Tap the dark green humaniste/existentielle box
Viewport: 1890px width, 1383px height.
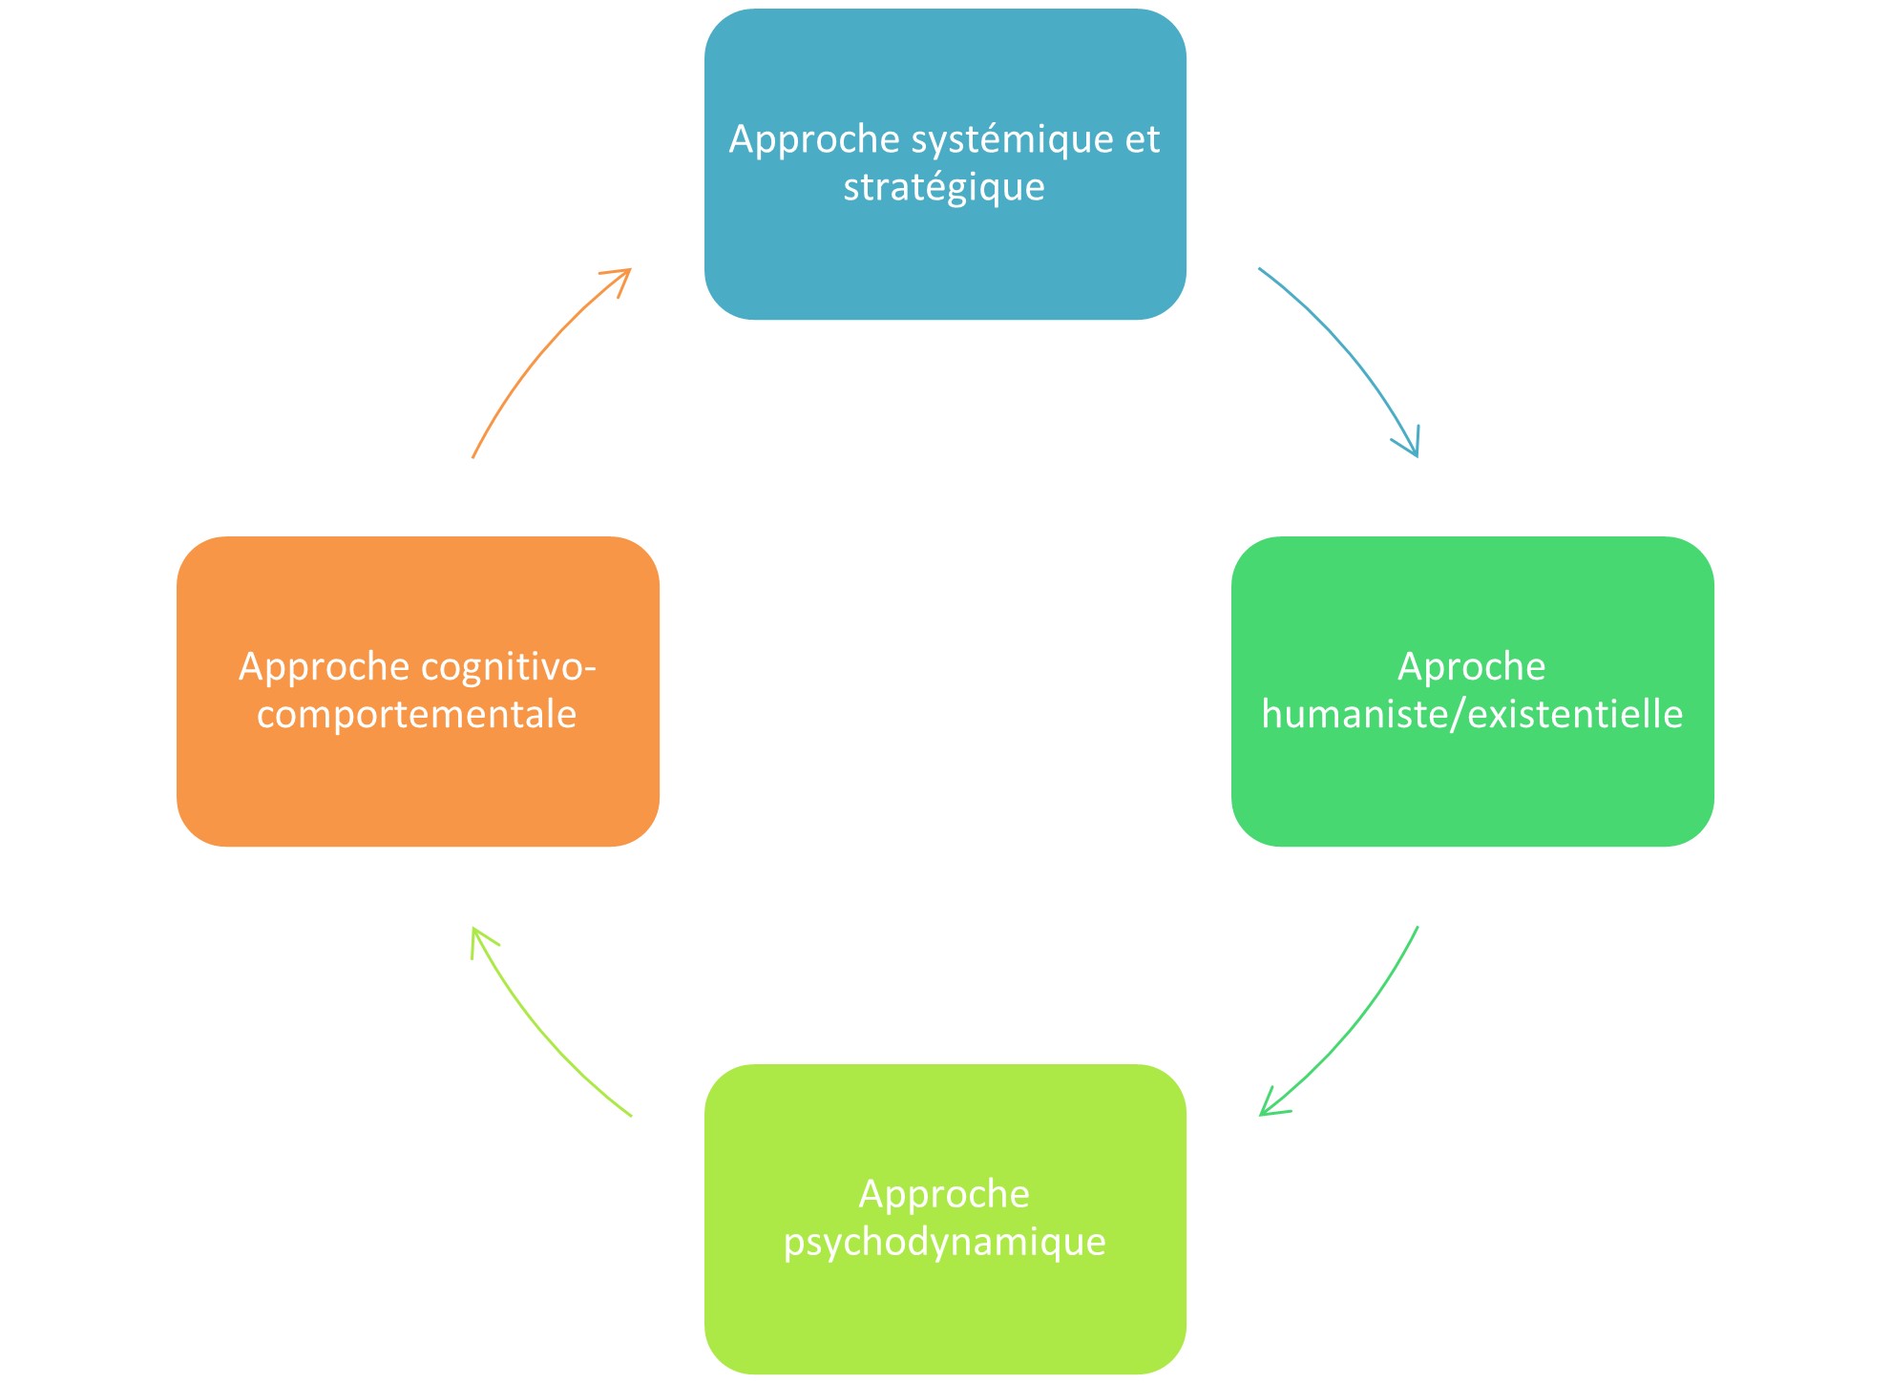coord(1472,783)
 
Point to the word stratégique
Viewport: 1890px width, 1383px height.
coord(944,188)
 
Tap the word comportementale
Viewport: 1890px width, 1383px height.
coord(417,715)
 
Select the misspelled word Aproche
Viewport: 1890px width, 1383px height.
coord(1471,667)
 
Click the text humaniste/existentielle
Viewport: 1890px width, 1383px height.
coord(1472,715)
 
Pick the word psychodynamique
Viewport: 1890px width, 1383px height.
coord(944,1243)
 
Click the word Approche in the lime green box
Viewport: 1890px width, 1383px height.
coord(944,1195)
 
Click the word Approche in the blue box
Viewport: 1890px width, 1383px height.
coord(814,140)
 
